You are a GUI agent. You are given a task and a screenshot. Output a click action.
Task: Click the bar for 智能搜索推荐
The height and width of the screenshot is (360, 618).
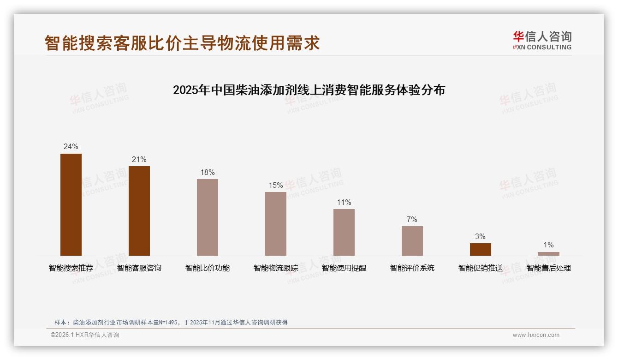[x=71, y=204]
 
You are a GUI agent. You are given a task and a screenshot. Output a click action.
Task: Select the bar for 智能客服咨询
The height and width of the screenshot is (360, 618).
[x=139, y=211]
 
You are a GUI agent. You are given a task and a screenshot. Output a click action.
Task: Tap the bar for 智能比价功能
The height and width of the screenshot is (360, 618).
[x=208, y=217]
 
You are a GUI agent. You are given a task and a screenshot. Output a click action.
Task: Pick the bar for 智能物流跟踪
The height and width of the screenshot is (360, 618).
[x=276, y=224]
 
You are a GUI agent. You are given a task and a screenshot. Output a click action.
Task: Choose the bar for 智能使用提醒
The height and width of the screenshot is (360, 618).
[x=344, y=232]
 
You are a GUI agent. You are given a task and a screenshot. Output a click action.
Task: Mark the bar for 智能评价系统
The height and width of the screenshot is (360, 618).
[x=412, y=241]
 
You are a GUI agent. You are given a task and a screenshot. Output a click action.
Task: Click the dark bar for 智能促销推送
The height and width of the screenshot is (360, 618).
[x=481, y=249]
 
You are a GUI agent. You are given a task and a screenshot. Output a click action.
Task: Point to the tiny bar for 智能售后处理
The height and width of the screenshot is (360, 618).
[x=548, y=254]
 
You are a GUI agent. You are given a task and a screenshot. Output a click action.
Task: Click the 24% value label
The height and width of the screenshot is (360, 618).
[x=71, y=147]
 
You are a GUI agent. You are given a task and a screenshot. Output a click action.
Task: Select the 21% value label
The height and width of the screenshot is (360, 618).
[x=139, y=160]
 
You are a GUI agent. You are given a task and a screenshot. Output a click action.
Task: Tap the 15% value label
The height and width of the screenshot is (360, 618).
[x=276, y=186]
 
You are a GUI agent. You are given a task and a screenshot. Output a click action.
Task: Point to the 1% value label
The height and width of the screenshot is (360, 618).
[x=548, y=245]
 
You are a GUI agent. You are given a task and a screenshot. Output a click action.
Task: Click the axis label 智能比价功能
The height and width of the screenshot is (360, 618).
[x=208, y=268]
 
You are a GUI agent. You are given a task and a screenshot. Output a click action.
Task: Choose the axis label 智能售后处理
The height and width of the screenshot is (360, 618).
[x=548, y=268]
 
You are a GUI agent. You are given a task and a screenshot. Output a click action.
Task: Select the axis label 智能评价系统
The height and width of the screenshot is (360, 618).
[x=412, y=268]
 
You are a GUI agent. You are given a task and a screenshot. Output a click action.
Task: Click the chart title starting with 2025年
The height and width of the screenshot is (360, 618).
[x=309, y=90]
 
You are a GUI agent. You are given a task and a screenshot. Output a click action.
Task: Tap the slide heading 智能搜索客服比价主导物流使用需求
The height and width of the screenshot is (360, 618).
[x=182, y=43]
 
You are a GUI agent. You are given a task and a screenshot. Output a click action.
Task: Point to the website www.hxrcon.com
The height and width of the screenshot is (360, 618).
[x=536, y=335]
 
